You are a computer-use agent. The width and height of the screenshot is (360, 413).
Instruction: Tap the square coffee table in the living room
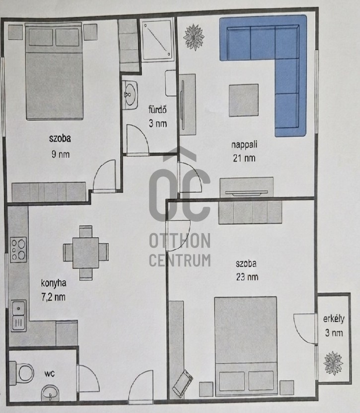point(243,100)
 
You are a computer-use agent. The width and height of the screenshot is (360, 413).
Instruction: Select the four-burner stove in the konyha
point(18,249)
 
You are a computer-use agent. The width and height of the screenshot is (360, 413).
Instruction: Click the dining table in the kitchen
point(86,253)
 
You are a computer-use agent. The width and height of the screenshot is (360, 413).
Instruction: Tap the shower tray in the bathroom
point(157,40)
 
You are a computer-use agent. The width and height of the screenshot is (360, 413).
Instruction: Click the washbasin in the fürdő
point(130,95)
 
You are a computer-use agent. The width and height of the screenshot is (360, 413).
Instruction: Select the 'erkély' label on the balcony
point(334,319)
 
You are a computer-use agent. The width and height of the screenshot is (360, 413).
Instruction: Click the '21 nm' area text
point(244,158)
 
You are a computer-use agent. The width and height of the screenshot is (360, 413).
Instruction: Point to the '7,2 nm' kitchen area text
point(53,297)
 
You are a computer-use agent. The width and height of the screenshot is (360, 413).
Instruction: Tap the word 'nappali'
point(244,145)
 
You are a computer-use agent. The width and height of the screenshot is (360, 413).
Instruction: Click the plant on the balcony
point(333,363)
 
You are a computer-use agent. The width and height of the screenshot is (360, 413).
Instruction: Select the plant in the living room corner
point(194,37)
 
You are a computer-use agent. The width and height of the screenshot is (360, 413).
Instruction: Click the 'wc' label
point(50,374)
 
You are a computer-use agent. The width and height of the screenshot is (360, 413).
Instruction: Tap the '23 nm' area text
point(247,277)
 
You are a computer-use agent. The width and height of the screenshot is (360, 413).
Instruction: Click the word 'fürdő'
point(157,109)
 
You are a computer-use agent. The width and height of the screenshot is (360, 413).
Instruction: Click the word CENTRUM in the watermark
point(180,260)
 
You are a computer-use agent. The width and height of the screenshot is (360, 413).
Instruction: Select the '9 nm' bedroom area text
point(61,154)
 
